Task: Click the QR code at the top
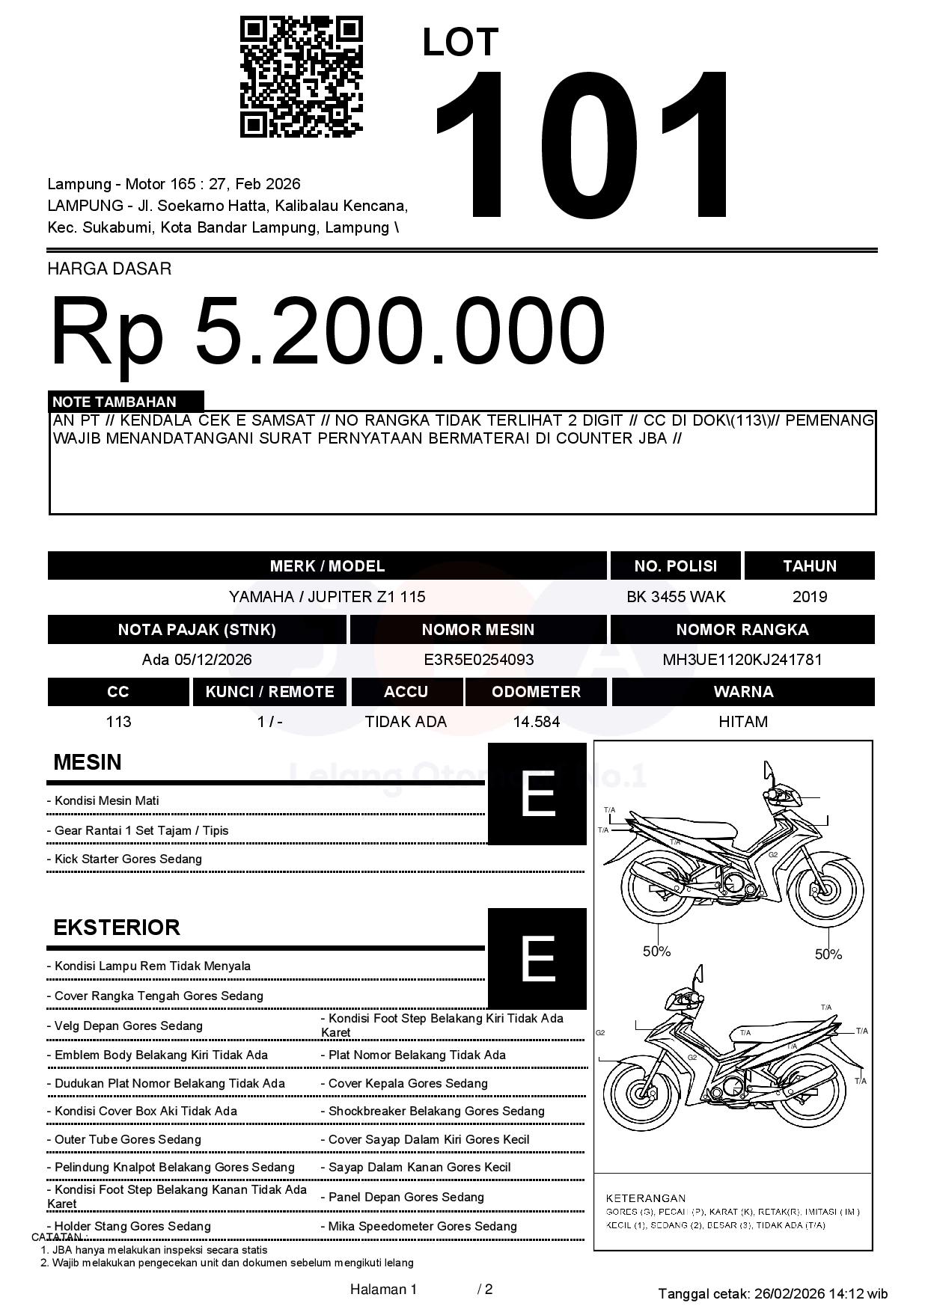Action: pyautogui.click(x=301, y=78)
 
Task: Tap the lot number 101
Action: pyautogui.click(x=582, y=147)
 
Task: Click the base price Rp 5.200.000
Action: pyautogui.click(x=327, y=331)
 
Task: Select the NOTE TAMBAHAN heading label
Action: pyautogui.click(x=115, y=402)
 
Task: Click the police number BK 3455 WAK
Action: pyautogui.click(x=676, y=597)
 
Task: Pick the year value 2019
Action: pyautogui.click(x=809, y=597)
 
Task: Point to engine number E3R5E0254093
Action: pyautogui.click(x=478, y=660)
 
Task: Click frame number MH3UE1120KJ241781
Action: pyautogui.click(x=742, y=660)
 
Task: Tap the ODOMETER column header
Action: pyautogui.click(x=536, y=692)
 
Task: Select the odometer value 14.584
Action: pyautogui.click(x=536, y=722)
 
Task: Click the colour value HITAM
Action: pyautogui.click(x=742, y=722)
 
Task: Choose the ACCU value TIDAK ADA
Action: pyautogui.click(x=406, y=722)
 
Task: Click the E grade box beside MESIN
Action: pyautogui.click(x=537, y=794)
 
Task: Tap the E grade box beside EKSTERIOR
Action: pyautogui.click(x=537, y=958)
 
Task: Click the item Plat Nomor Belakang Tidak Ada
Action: pyautogui.click(x=417, y=1055)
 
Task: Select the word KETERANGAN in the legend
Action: pyautogui.click(x=645, y=1198)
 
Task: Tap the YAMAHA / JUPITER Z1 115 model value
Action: pyautogui.click(x=327, y=597)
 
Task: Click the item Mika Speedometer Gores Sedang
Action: pyautogui.click(x=422, y=1226)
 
